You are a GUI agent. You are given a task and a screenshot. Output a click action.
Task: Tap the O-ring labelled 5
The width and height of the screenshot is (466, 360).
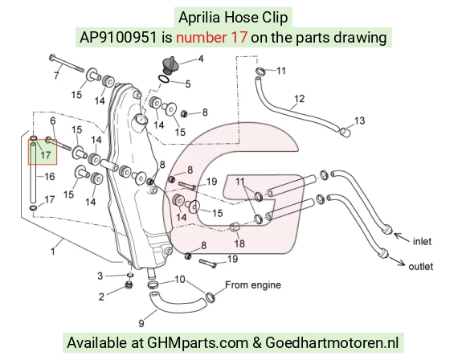click(164, 80)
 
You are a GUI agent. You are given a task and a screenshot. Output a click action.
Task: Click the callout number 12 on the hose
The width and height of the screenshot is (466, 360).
click(299, 98)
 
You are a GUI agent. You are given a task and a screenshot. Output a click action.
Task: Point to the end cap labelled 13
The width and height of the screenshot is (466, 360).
click(344, 132)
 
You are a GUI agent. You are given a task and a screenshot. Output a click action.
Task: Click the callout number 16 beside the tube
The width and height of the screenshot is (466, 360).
click(50, 177)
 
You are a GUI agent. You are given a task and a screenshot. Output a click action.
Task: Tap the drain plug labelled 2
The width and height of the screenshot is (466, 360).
click(129, 285)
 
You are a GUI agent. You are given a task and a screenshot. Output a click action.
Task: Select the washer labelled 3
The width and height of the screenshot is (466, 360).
click(130, 275)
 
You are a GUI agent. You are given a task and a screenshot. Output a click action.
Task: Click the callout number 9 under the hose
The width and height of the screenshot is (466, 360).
click(141, 323)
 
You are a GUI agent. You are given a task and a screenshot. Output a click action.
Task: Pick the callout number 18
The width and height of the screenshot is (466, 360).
click(239, 243)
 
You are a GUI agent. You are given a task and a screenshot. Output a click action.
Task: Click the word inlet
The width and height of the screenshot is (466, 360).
click(422, 241)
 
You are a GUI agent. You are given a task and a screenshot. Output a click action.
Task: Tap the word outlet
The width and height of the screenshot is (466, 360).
click(420, 266)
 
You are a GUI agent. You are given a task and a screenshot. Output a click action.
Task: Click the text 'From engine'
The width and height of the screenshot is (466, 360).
click(253, 284)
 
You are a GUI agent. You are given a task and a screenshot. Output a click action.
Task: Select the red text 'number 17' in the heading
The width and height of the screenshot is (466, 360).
click(211, 38)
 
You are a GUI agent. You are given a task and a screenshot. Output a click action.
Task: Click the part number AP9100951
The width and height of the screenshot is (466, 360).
click(118, 38)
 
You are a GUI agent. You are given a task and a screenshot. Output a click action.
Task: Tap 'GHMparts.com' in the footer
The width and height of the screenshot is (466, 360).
click(198, 343)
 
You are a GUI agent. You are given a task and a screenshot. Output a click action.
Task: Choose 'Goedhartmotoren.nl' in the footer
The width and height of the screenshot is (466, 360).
click(332, 343)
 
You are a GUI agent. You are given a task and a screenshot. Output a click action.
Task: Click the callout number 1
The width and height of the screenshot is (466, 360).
click(52, 252)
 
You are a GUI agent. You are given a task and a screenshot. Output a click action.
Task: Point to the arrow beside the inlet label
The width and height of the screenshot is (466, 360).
click(402, 237)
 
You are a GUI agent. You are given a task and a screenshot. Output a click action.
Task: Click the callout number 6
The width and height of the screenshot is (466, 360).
click(53, 121)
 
